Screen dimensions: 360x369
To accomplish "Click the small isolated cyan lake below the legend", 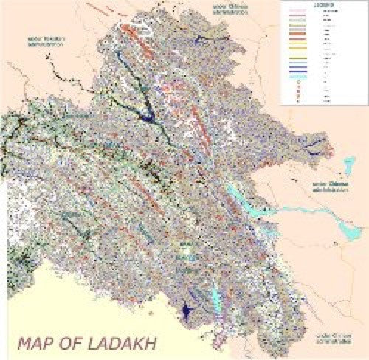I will pyautogui.click(x=347, y=163).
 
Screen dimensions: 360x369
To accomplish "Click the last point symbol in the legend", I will pyautogui.click(x=299, y=100).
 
